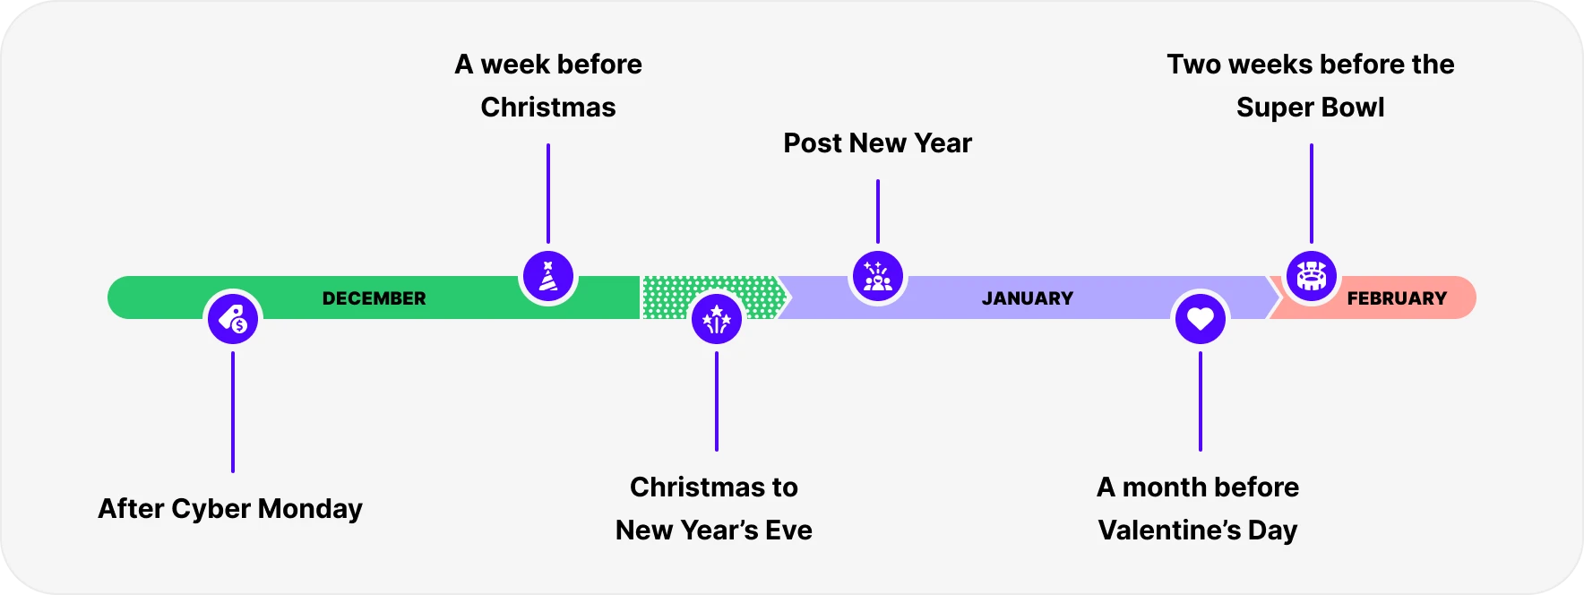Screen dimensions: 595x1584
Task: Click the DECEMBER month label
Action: coord(374,298)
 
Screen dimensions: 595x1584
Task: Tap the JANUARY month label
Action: coord(1027,298)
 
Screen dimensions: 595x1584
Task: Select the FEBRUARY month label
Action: coord(1397,298)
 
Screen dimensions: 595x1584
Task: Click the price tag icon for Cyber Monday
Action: coord(233,319)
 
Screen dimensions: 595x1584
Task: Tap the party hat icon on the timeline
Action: coord(548,276)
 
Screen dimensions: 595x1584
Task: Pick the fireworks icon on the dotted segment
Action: coord(717,319)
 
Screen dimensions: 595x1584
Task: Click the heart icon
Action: coord(1201,319)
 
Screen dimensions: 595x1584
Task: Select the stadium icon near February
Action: coord(1312,276)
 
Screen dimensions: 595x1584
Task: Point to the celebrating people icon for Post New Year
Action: coord(878,276)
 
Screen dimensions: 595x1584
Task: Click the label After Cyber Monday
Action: coord(230,509)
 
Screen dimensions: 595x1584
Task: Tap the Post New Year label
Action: coord(877,143)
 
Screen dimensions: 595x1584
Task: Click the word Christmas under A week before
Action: coord(548,108)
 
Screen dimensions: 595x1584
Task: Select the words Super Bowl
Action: coord(1310,108)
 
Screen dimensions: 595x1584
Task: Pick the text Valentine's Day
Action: coord(1198,530)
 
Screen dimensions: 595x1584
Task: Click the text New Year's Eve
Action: coord(714,530)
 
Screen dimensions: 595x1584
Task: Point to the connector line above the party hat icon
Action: coord(548,193)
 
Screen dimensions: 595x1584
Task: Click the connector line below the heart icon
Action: coord(1201,401)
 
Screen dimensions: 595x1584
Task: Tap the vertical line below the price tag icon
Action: coord(233,412)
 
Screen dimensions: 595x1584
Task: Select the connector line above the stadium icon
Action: coord(1312,193)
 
